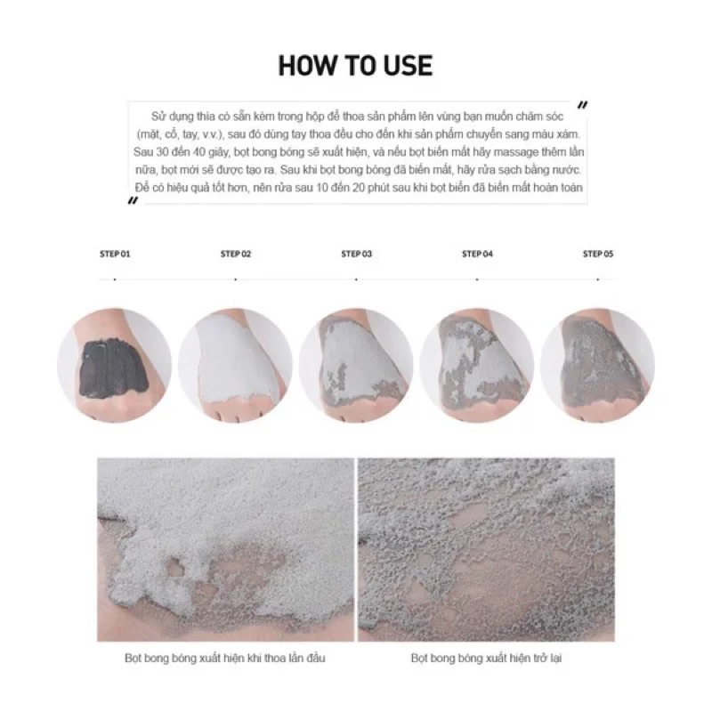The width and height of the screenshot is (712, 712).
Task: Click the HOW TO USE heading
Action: point(355,65)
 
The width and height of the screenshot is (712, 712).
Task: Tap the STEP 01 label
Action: point(115,254)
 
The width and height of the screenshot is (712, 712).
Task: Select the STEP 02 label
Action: point(236,254)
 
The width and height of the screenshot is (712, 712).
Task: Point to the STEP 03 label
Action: point(357,254)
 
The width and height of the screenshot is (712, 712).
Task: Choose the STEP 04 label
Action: point(477,254)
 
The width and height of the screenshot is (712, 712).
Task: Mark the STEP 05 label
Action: point(598,254)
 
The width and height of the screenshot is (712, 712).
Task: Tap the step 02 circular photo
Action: point(235,366)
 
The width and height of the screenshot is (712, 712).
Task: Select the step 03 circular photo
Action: point(356,366)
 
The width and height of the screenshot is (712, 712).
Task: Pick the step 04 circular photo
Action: point(477,366)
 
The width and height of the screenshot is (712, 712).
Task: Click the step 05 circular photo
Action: point(597,366)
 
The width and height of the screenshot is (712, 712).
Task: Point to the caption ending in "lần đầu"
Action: point(225,658)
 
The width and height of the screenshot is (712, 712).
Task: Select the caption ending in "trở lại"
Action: point(486,658)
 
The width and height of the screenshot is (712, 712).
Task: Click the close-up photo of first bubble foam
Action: point(226,549)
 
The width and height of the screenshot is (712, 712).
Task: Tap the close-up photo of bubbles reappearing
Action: point(486,549)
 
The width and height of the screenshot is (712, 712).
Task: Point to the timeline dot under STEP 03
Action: point(357,279)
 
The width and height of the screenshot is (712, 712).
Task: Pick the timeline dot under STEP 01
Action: point(115,279)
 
